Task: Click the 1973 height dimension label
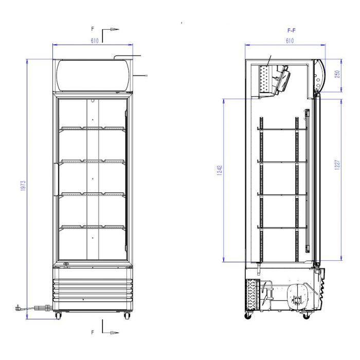[23, 186]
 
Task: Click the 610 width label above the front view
[95, 41]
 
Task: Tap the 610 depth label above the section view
[290, 41]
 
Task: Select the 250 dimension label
[337, 74]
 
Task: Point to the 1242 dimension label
[220, 170]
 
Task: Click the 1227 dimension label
[337, 165]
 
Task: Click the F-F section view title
[292, 30]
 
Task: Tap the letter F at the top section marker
[93, 29]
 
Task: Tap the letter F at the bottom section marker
[93, 332]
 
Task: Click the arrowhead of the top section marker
[115, 29]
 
